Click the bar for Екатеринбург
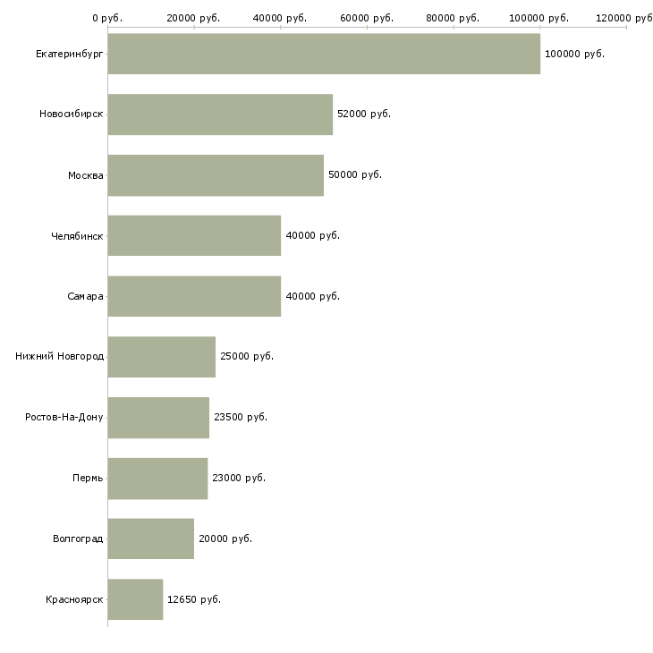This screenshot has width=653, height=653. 324,54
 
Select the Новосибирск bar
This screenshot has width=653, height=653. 220,114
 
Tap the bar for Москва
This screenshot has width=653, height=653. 216,175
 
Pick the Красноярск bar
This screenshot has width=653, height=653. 135,599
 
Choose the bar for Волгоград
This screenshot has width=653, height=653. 150,539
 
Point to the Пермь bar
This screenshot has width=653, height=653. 157,478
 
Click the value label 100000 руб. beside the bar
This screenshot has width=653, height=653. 574,54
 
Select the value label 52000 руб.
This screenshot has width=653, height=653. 364,114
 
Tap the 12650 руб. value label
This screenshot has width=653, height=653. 194,599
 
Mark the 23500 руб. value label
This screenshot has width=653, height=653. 241,417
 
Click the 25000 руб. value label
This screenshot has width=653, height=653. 247,356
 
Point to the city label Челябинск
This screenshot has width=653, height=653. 77,236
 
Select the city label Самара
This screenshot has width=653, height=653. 85,296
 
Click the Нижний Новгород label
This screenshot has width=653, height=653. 59,357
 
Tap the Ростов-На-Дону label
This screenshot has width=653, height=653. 64,417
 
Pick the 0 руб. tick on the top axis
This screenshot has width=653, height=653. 107,18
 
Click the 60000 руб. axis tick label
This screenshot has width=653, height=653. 367,18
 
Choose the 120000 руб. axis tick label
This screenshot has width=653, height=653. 626,18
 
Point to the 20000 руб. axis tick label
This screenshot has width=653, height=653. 194,18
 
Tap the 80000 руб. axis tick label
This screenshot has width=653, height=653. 454,18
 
